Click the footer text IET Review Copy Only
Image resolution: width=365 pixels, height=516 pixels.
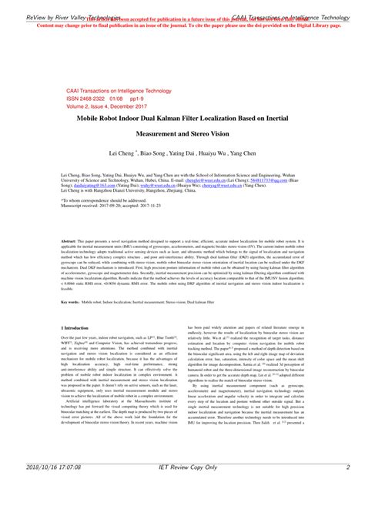pos(182,509)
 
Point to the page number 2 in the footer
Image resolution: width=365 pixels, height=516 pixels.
pos(348,509)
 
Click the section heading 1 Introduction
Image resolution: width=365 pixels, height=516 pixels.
pos(77,328)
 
